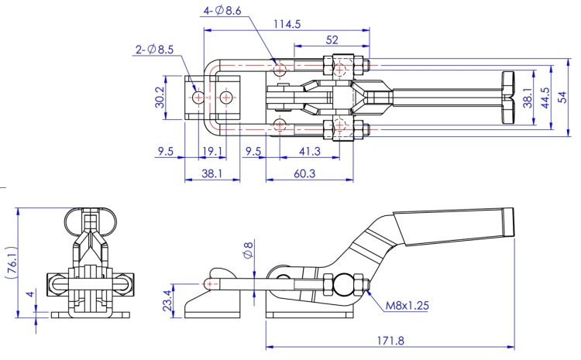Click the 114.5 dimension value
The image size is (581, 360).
[x=287, y=24]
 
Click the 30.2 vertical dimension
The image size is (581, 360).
[x=160, y=98]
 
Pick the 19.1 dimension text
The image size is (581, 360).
[x=212, y=152]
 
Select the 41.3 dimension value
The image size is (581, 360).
[x=308, y=152]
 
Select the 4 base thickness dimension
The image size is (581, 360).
[x=29, y=294]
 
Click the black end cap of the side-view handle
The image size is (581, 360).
[x=508, y=222]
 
